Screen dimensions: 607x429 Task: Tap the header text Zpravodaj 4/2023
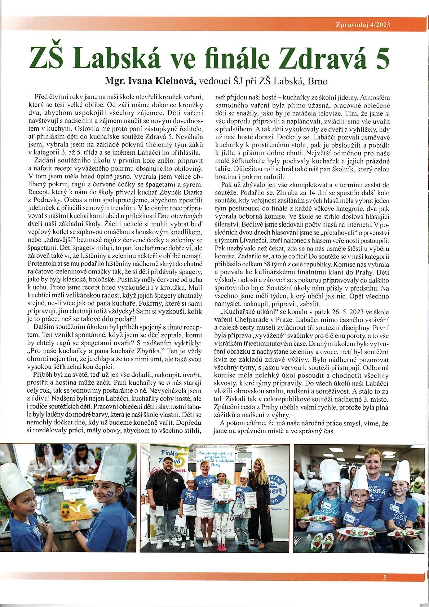363,25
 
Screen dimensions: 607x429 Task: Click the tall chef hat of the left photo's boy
11,480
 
